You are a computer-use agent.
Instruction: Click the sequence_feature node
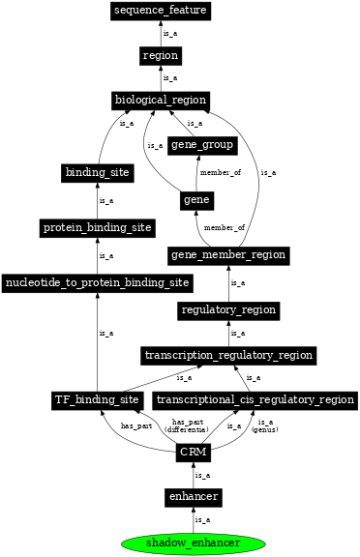tap(161, 11)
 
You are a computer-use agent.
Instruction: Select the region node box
tap(161, 56)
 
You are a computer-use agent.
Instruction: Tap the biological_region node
tap(161, 101)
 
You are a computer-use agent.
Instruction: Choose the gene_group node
tap(201, 145)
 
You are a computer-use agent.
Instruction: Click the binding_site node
tap(97, 172)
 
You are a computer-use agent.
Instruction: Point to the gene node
tap(196, 200)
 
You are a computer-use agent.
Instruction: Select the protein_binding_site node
tap(97, 227)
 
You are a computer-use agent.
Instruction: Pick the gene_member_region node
tap(228, 254)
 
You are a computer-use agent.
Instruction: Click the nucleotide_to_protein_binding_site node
tap(97, 282)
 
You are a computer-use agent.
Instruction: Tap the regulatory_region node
tap(228, 310)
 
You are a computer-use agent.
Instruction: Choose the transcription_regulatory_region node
tap(228, 355)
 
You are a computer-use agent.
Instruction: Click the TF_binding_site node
tap(97, 399)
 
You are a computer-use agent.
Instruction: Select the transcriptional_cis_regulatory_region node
tap(255, 399)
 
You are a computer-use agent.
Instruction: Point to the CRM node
tap(193, 452)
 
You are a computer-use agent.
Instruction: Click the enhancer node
tap(193, 496)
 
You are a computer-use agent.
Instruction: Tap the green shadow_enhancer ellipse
tap(193, 542)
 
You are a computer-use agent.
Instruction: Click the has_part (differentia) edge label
tap(187, 425)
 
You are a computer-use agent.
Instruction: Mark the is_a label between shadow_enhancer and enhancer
tap(202, 520)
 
